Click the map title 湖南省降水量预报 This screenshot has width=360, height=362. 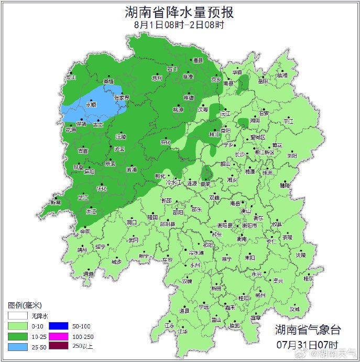179,12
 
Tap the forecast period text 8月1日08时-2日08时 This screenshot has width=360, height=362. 179,24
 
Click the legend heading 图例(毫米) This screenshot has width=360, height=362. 25,305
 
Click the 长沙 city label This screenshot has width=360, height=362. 239,155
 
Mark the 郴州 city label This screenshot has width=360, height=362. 260,295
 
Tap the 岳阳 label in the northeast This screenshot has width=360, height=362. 263,81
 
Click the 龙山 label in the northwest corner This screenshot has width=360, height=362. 71,77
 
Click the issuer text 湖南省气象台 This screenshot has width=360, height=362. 308,329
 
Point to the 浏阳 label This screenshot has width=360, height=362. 292,156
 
